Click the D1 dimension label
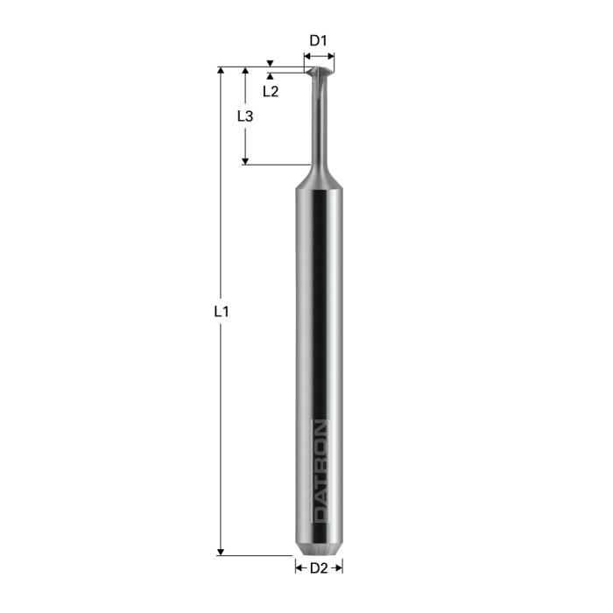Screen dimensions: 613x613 [319, 39]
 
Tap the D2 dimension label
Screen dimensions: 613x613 [319, 568]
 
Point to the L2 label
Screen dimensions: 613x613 [271, 91]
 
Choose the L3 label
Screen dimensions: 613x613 [246, 116]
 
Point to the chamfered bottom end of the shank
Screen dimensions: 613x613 [319, 551]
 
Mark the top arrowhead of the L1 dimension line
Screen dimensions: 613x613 [222, 71]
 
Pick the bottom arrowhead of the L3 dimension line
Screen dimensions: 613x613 [246, 159]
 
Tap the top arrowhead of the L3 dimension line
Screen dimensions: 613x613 [246, 71]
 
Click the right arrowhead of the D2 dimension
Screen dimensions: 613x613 [339, 568]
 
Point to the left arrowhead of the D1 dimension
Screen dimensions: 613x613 [306, 58]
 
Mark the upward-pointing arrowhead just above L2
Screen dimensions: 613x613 [271, 78]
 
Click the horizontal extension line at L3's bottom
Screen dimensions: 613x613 [276, 164]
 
